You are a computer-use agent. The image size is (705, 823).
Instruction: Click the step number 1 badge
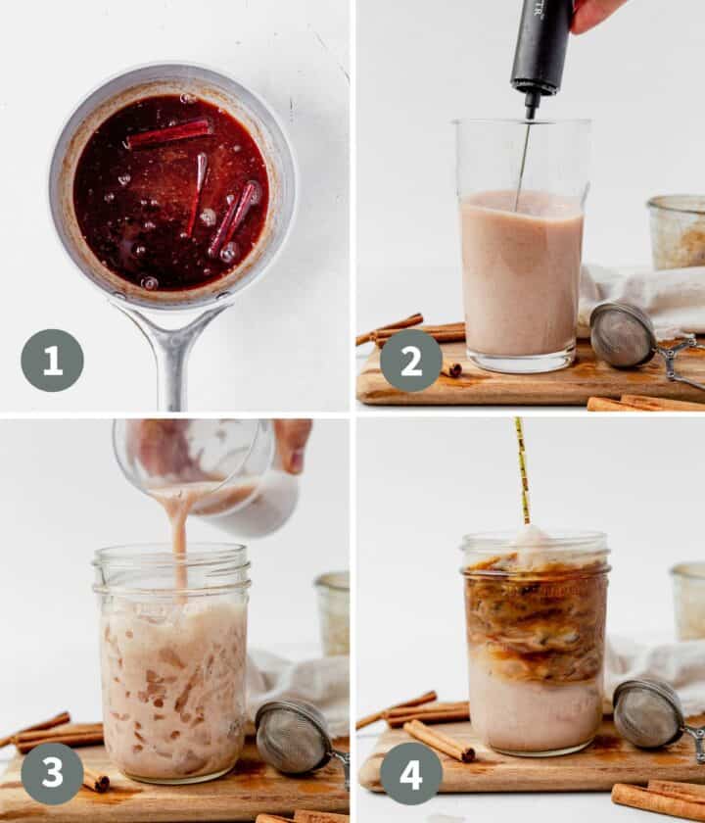[x=52, y=361]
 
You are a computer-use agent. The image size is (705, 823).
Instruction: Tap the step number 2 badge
[x=410, y=361]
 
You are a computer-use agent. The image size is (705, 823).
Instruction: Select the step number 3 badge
[x=52, y=773]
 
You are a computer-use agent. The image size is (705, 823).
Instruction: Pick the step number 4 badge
[x=410, y=773]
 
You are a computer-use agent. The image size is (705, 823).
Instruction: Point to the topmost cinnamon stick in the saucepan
[x=169, y=133]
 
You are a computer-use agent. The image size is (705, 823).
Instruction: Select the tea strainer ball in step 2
[x=623, y=335]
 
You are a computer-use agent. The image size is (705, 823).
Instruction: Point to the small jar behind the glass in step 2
[x=677, y=231]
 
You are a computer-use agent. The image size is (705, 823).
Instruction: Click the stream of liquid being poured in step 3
[x=178, y=534]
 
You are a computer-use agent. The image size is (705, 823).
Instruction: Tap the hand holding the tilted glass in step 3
[x=291, y=444]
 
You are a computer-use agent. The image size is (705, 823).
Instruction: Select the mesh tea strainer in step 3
[x=293, y=736]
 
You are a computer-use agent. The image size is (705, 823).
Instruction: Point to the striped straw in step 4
[x=523, y=470]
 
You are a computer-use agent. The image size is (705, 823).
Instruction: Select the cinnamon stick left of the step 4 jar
[x=439, y=740]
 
